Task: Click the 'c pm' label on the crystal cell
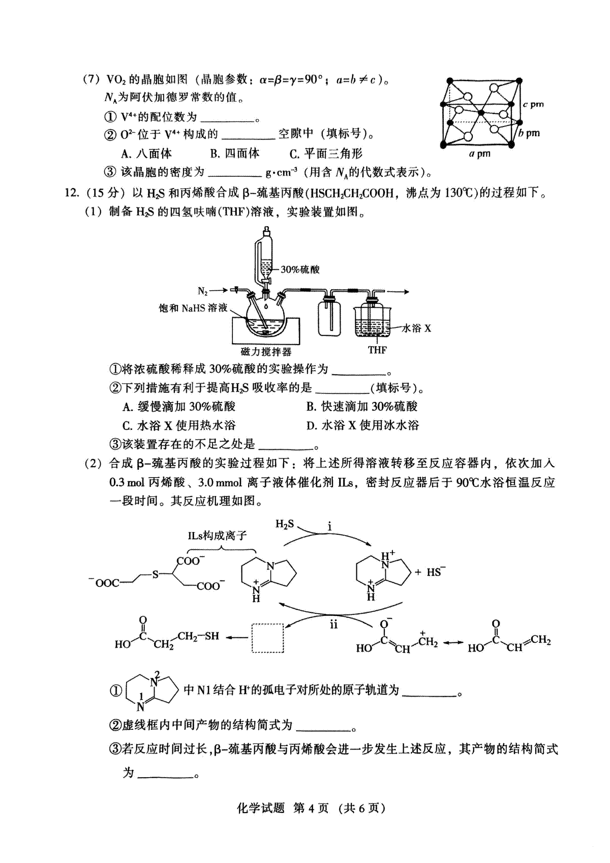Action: tap(533, 104)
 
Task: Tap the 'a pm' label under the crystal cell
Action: tap(479, 154)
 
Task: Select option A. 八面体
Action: tap(146, 153)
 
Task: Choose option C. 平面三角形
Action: tap(326, 153)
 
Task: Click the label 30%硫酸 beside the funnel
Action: tap(300, 269)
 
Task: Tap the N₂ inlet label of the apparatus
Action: tap(203, 291)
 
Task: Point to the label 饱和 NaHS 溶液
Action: tap(193, 308)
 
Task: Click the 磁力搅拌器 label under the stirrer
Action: tap(266, 351)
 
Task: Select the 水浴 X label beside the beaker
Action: tap(416, 328)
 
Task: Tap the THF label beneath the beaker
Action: tap(377, 350)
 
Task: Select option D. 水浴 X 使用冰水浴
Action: tap(362, 425)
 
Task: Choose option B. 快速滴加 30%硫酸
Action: tap(362, 407)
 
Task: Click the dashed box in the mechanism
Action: tap(267, 638)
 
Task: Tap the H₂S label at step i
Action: tap(284, 524)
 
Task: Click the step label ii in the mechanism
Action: tap(333, 625)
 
